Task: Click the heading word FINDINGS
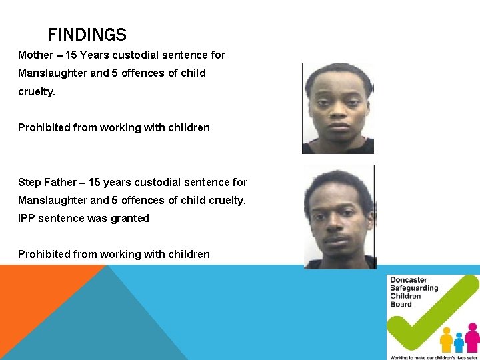[x=87, y=35]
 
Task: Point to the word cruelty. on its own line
[x=37, y=91]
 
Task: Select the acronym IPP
[x=27, y=219]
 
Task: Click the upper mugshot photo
[x=338, y=108]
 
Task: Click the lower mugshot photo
[x=339, y=217]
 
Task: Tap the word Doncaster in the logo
[x=409, y=281]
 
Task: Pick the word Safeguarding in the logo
[x=414, y=289]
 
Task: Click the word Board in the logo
[x=401, y=305]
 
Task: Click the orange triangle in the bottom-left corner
[x=33, y=293]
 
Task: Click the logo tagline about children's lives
[x=433, y=357]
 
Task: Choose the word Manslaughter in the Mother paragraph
[x=52, y=73]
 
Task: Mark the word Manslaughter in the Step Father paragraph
[x=52, y=201]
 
